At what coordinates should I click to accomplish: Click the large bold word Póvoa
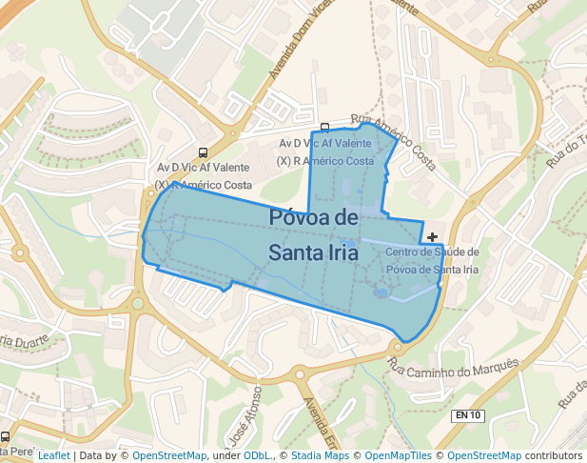314,217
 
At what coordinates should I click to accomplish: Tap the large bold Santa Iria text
313,252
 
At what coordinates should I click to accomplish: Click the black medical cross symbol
433,236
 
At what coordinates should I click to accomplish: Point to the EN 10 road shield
468,415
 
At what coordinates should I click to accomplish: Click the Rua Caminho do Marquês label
454,366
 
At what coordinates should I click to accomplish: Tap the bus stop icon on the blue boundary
325,128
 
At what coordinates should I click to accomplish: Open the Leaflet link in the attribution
54,456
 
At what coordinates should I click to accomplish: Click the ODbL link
256,456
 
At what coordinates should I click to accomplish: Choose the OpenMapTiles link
399,456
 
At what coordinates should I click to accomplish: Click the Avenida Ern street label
320,424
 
